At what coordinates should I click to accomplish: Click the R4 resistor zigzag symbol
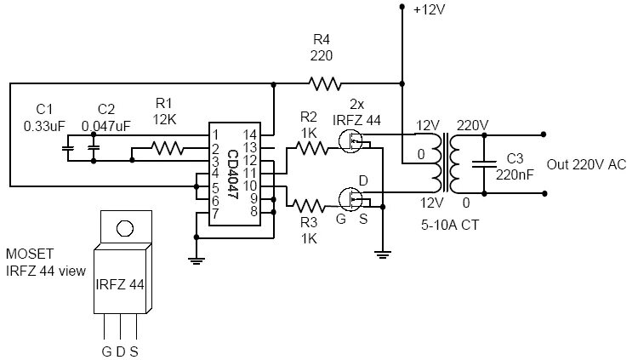[x=325, y=84]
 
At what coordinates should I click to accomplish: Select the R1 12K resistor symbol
[x=168, y=148]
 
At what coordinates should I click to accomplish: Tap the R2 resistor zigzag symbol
[x=311, y=148]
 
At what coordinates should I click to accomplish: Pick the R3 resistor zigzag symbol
[x=310, y=206]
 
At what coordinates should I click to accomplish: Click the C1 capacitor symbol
[x=67, y=148]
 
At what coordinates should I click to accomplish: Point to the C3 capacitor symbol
[x=484, y=164]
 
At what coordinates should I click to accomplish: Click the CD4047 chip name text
[x=232, y=174]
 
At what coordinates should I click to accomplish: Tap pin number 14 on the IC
[x=250, y=134]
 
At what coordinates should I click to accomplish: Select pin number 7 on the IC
[x=215, y=213]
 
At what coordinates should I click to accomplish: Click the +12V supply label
[x=430, y=9]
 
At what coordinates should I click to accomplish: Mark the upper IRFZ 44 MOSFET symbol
[x=350, y=141]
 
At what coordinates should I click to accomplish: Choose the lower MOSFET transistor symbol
[x=350, y=199]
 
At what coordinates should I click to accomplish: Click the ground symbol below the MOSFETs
[x=383, y=255]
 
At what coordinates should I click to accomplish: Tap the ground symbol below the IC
[x=197, y=260]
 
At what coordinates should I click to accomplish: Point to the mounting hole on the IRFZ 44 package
[x=125, y=228]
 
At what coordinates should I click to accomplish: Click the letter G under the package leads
[x=106, y=351]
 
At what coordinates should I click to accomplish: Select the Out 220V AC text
[x=586, y=164]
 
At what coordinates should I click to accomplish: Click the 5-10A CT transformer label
[x=450, y=225]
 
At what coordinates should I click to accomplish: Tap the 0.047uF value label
[x=106, y=126]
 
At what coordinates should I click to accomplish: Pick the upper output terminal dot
[x=544, y=134]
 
